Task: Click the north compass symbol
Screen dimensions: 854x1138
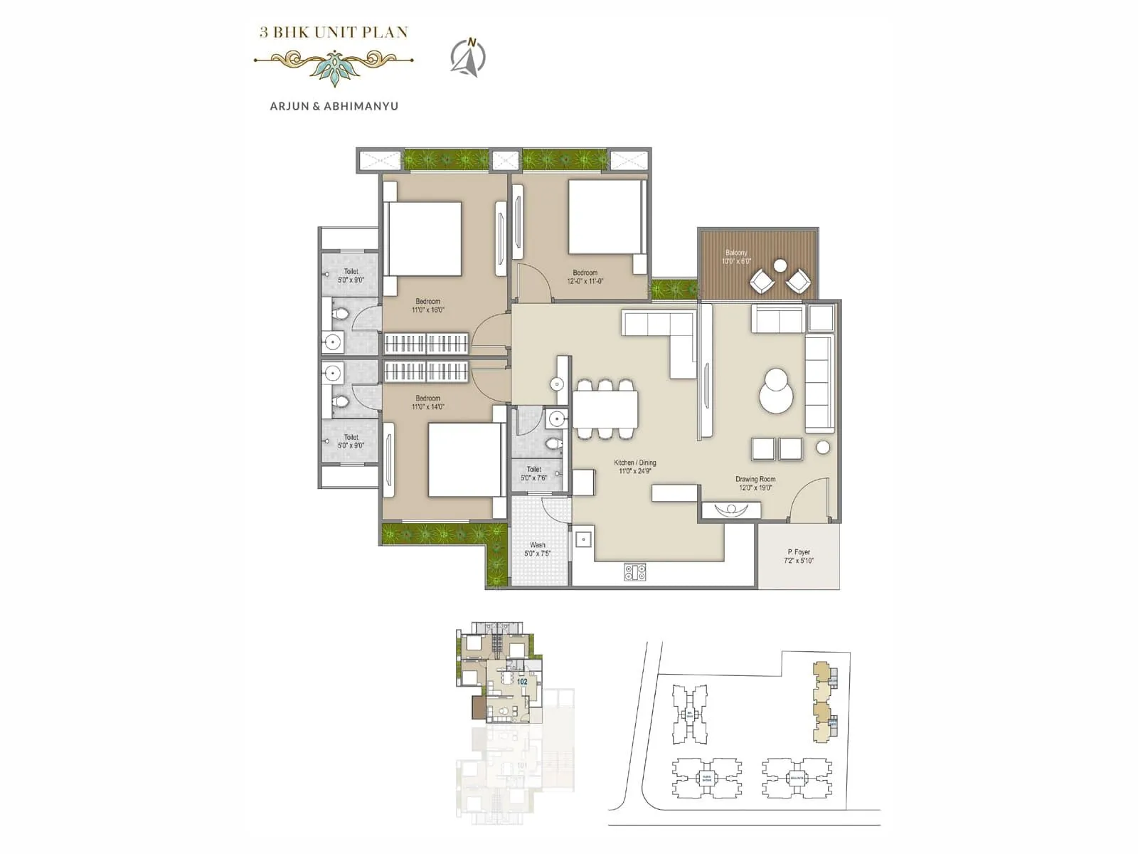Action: click(468, 56)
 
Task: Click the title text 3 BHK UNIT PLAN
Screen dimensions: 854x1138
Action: click(334, 32)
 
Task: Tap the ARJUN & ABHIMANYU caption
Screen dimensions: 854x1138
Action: click(334, 106)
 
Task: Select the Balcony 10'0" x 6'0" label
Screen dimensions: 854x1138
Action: click(737, 257)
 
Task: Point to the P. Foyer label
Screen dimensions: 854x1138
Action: click(799, 556)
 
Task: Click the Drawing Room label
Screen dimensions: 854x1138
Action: click(755, 483)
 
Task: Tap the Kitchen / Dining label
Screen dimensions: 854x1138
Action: click(635, 467)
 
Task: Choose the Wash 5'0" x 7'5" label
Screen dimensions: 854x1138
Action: click(538, 549)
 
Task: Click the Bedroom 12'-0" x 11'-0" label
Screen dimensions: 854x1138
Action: click(585, 277)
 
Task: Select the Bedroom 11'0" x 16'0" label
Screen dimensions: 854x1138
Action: click(428, 306)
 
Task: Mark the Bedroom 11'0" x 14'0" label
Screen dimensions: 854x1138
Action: click(428, 403)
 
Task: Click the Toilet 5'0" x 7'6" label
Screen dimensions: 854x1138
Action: click(534, 474)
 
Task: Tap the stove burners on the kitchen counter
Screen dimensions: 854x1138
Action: click(635, 571)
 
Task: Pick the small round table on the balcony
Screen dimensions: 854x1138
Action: click(780, 266)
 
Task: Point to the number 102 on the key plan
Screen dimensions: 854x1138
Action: click(522, 681)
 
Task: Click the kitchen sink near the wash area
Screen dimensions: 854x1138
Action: click(584, 539)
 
